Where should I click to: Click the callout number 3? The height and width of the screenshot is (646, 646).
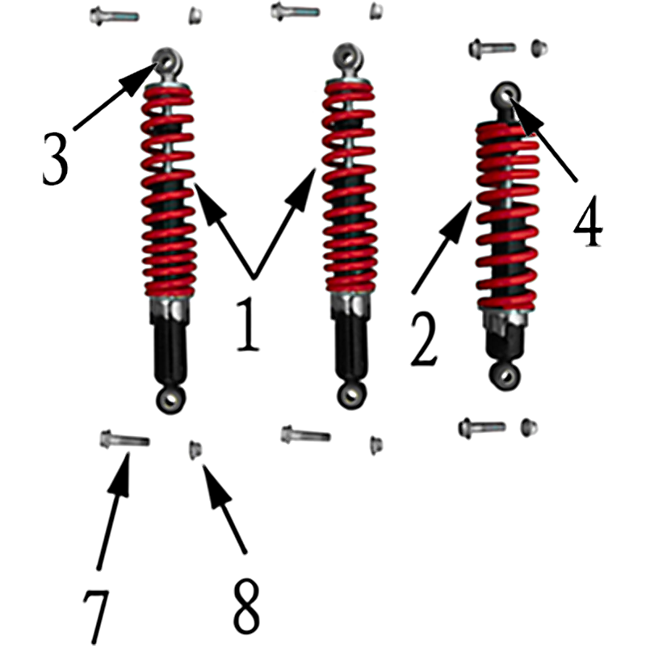[x=55, y=158]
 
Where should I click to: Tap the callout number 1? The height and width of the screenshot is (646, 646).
[x=248, y=325]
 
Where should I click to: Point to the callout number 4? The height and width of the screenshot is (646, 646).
[x=589, y=220]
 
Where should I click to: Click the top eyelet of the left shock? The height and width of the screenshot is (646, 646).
[x=167, y=62]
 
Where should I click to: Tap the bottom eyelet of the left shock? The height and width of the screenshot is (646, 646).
[x=170, y=399]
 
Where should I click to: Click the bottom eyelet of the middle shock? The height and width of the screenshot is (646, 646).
[x=351, y=395]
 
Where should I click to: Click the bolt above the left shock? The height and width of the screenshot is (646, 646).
[x=114, y=16]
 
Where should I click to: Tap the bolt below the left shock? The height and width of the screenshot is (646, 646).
[x=124, y=439]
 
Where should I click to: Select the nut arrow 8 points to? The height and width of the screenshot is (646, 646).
[x=195, y=449]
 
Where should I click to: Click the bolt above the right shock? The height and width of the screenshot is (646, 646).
[x=492, y=48]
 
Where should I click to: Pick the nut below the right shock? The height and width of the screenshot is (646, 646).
[x=530, y=427]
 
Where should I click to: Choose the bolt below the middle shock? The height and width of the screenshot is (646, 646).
[x=305, y=434]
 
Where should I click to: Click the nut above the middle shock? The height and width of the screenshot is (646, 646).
[x=376, y=10]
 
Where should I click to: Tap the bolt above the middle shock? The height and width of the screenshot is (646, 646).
[x=295, y=11]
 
